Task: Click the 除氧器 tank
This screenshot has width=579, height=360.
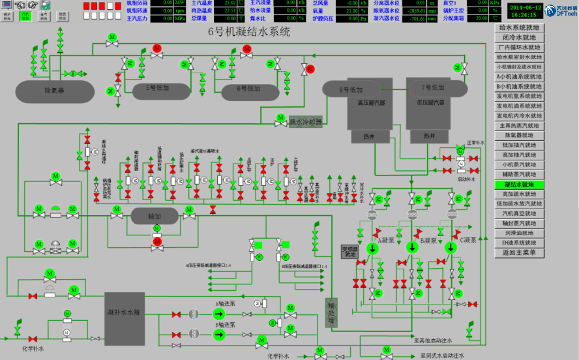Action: (53, 90)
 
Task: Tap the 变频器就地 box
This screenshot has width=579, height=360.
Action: (350, 251)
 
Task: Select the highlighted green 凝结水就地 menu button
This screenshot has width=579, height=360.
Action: (519, 185)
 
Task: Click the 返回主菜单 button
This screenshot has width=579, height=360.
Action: (519, 252)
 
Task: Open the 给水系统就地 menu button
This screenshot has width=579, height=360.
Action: (519, 28)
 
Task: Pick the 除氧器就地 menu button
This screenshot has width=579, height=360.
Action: (519, 135)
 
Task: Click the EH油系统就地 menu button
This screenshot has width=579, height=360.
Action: (519, 243)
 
